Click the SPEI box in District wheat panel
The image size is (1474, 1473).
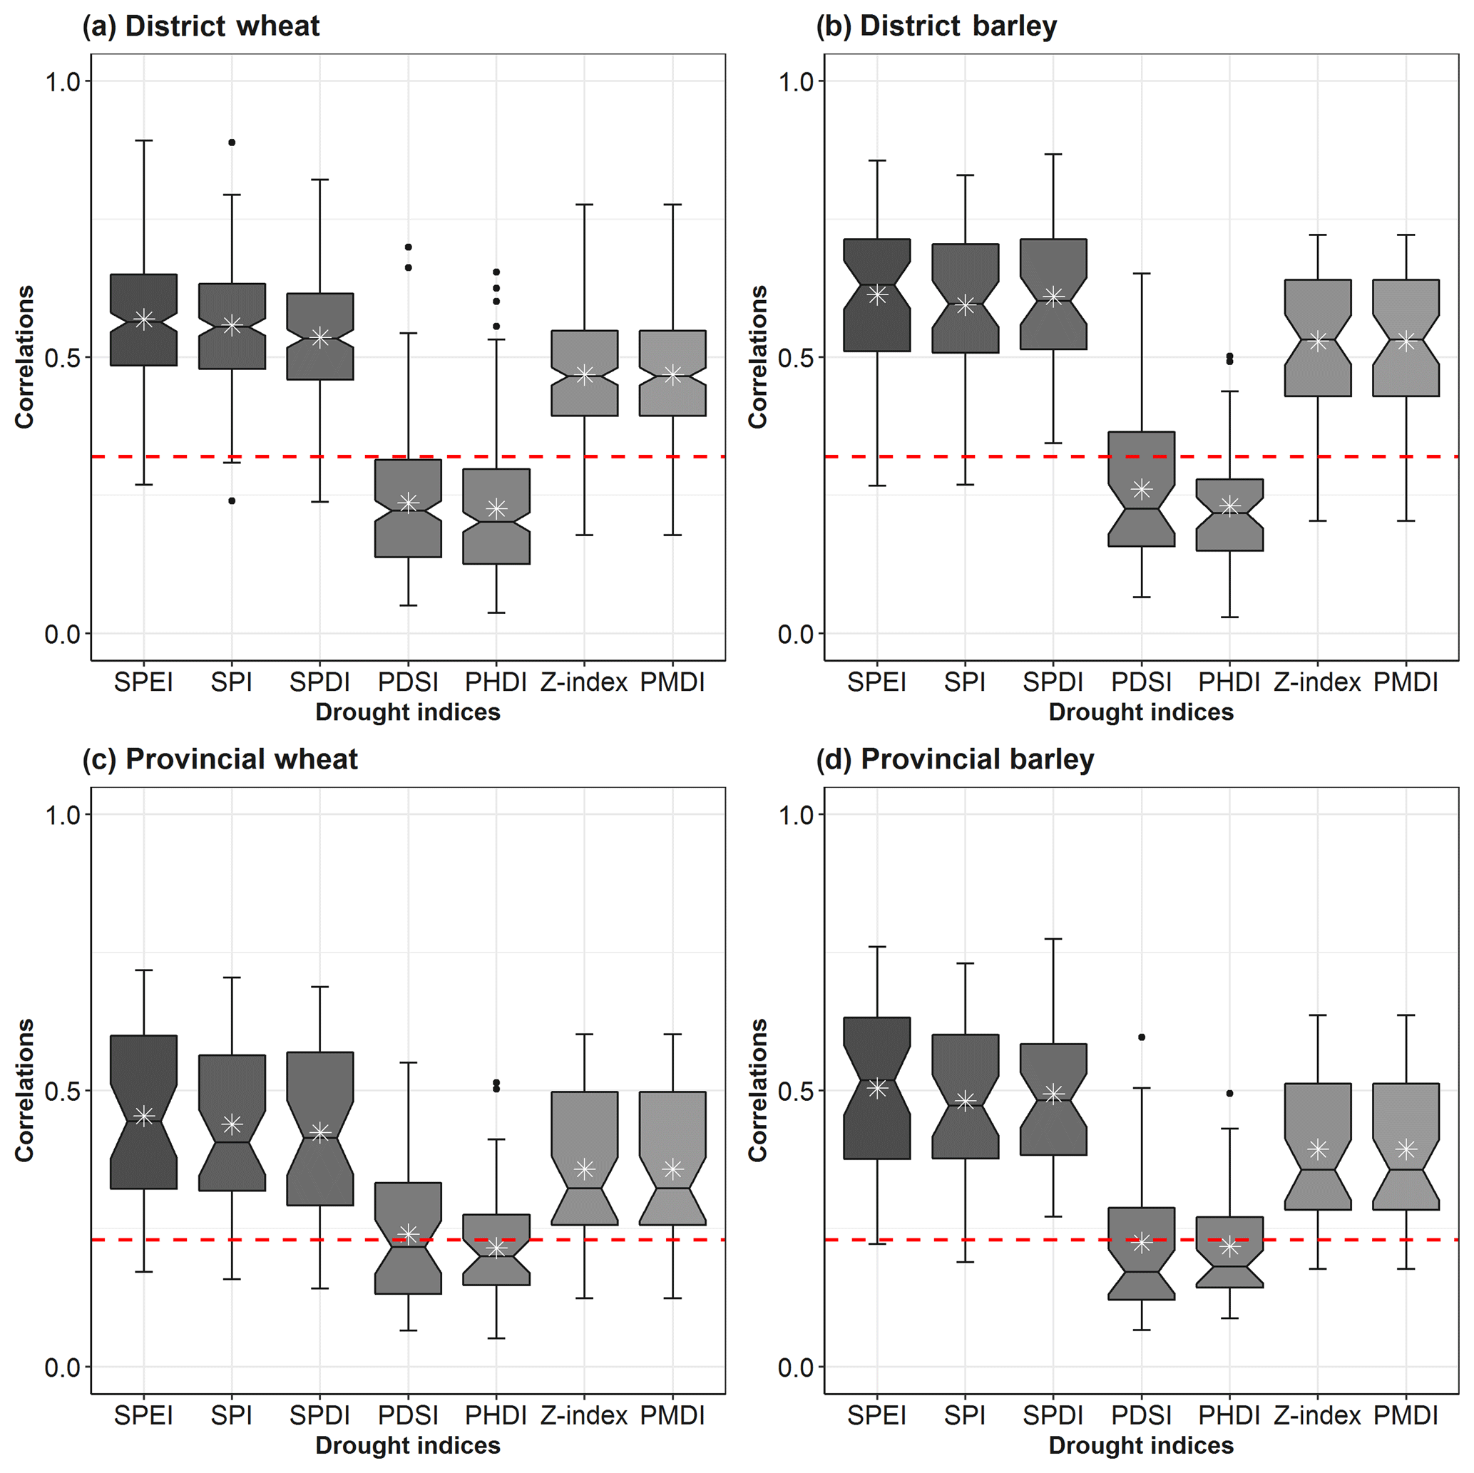coord(143,319)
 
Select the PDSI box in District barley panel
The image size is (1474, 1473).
coord(1142,489)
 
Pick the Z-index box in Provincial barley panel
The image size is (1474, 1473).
coord(1318,1146)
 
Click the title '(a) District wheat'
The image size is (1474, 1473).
coord(200,26)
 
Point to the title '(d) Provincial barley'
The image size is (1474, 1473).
coord(954,759)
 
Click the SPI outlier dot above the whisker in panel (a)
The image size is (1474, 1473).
coord(232,143)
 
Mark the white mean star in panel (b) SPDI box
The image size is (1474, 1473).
coord(1053,297)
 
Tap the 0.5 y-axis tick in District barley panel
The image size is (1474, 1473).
coord(796,358)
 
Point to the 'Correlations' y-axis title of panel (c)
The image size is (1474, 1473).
coord(25,1091)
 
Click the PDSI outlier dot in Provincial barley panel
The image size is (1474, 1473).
coord(1142,1037)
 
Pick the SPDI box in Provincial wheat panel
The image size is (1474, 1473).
coord(319,1128)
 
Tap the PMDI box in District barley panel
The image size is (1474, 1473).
coord(1406,338)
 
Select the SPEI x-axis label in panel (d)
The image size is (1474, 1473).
coord(876,1416)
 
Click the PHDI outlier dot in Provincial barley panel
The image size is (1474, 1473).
coord(1230,1094)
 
